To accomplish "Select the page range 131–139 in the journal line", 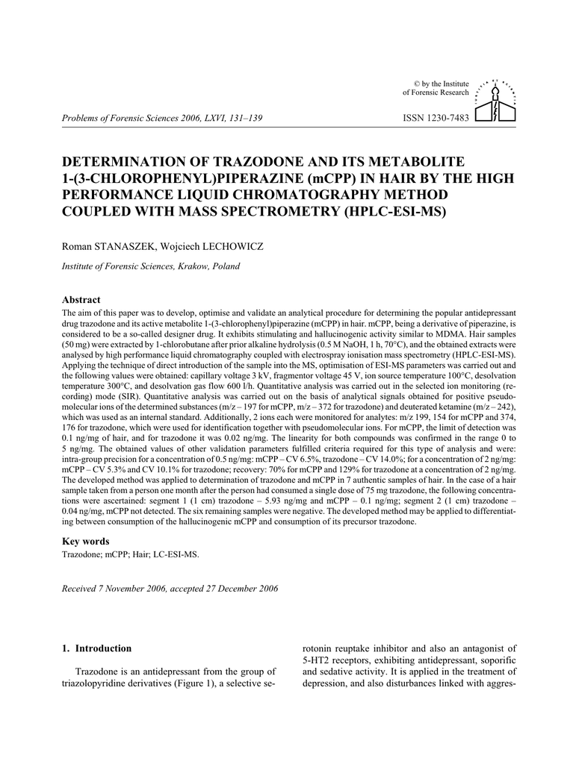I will pyautogui.click(x=241, y=118).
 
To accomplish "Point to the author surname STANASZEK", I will pyautogui.click(x=123, y=245).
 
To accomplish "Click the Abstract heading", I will pyautogui.click(x=81, y=299).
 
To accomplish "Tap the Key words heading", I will pyautogui.click(x=85, y=541).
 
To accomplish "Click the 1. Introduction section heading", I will pyautogui.click(x=96, y=648).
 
